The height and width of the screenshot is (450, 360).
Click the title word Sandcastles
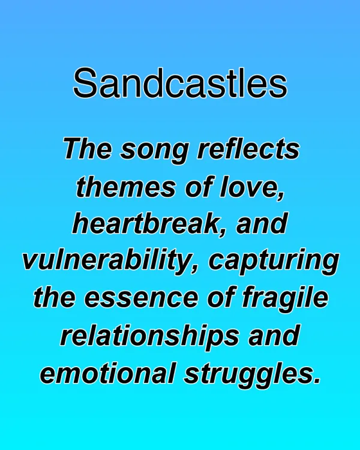point(180,83)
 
